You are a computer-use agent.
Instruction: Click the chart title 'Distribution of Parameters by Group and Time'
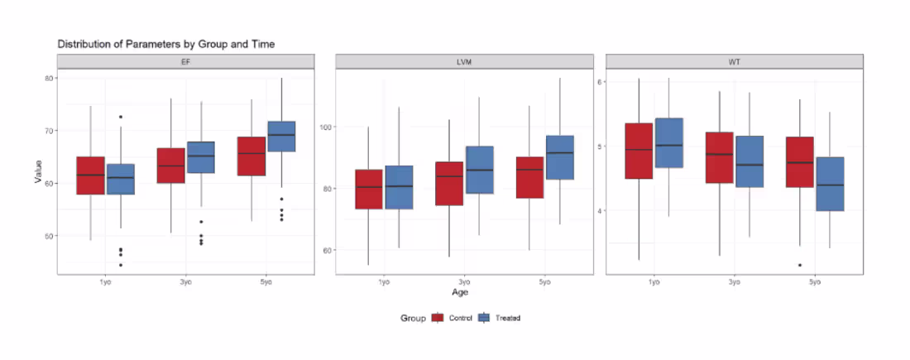tap(165, 43)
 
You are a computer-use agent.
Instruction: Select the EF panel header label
tap(185, 62)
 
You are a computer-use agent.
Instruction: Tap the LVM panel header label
tap(464, 62)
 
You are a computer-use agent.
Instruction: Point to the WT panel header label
tap(735, 62)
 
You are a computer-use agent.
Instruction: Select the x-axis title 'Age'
tap(461, 292)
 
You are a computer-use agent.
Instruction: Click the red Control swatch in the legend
tap(438, 318)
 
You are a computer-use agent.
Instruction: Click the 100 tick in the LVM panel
tap(323, 127)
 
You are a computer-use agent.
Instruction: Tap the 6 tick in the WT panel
tap(601, 82)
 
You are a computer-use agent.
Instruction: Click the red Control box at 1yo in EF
tap(90, 175)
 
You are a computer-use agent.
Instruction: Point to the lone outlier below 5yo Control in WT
tap(799, 265)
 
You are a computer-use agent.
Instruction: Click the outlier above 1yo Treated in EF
tap(120, 117)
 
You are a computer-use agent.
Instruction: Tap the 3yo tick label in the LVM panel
tap(464, 282)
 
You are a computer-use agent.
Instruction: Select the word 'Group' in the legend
tap(412, 318)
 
